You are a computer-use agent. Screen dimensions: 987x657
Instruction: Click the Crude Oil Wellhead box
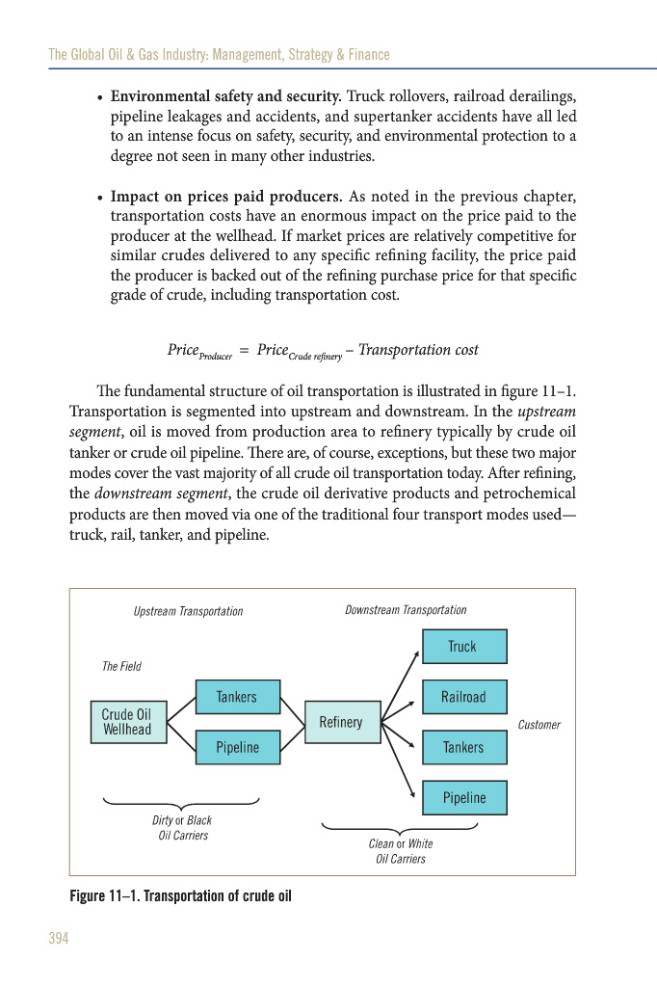point(127,722)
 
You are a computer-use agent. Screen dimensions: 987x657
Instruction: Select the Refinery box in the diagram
point(341,722)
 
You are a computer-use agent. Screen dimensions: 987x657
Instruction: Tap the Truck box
point(463,647)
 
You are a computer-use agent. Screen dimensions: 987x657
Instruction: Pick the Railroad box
point(463,697)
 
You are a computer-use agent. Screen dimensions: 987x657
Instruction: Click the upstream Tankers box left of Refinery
point(237,697)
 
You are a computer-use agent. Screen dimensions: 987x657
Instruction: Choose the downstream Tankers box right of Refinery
point(463,747)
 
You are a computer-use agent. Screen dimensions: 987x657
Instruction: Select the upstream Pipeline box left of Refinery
point(237,747)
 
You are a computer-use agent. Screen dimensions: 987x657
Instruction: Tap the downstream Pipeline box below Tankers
point(463,798)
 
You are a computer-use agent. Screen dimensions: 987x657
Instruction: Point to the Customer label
point(539,725)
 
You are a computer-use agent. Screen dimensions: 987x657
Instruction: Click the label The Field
point(121,666)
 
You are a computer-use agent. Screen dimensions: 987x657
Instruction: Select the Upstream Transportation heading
point(188,611)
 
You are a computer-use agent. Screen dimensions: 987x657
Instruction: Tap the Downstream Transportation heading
point(406,610)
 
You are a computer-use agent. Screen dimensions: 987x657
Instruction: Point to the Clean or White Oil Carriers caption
point(401,851)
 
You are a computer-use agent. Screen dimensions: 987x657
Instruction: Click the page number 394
point(59,939)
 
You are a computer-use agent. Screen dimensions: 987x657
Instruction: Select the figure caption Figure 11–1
point(180,896)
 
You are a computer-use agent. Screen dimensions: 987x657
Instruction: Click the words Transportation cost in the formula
point(418,350)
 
